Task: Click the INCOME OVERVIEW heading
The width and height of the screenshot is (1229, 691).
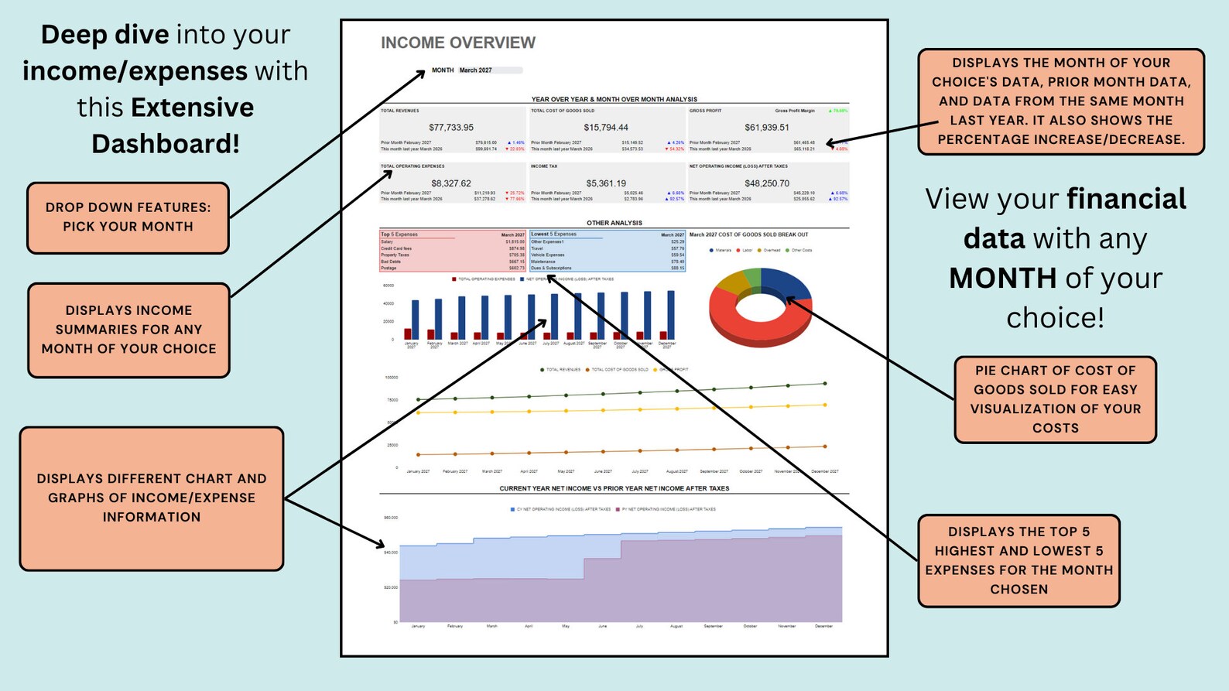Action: coord(457,43)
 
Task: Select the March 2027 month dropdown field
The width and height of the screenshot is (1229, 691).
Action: coord(489,70)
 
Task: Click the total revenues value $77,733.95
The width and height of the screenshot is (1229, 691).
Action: coord(451,128)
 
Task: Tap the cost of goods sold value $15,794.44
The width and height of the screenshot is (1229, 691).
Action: coord(606,128)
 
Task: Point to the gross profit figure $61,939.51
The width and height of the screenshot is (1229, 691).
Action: coord(767,128)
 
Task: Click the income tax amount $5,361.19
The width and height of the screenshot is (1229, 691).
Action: coord(606,183)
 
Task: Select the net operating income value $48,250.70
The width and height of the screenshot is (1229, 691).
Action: coord(767,183)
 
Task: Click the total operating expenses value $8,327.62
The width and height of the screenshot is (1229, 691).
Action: coord(451,183)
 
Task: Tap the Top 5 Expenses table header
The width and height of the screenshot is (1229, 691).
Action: coord(399,234)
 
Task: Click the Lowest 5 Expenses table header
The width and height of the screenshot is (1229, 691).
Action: coord(554,234)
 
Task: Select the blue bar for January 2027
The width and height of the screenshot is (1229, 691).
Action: coord(416,319)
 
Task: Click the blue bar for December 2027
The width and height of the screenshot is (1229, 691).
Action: coord(671,314)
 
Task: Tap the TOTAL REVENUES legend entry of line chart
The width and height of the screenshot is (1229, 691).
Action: coord(563,370)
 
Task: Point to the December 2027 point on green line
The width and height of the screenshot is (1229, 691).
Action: coord(825,383)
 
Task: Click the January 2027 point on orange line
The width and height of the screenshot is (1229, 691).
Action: coord(419,455)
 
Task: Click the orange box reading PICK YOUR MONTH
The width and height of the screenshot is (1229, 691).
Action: coord(128,217)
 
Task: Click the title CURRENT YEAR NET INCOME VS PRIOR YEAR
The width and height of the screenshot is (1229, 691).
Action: coord(614,488)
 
